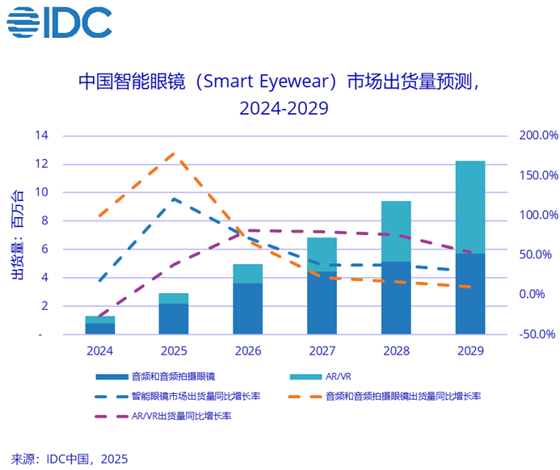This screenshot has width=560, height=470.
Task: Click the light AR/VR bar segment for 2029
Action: point(469,207)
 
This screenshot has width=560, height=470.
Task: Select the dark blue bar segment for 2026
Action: point(248,308)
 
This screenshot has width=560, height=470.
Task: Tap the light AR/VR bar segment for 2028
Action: point(396,231)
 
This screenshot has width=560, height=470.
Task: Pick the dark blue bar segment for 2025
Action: point(174,318)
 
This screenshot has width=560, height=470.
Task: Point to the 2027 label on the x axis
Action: point(322,351)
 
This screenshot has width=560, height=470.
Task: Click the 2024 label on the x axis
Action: point(100,351)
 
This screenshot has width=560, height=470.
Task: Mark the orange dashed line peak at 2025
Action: point(173,153)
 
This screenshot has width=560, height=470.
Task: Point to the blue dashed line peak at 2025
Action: point(174,198)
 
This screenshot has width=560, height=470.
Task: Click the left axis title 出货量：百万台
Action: point(17,234)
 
